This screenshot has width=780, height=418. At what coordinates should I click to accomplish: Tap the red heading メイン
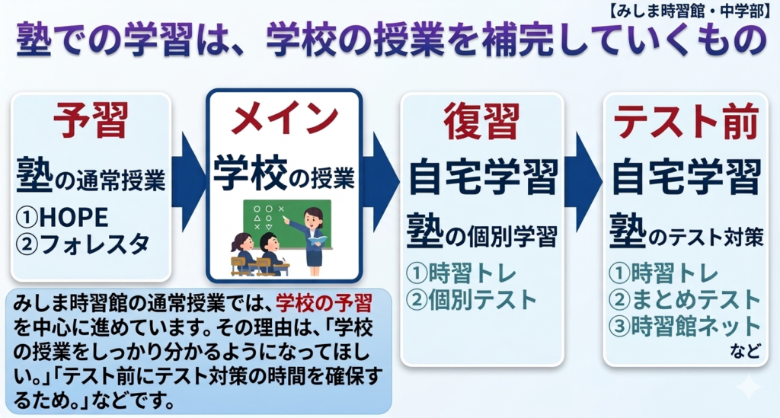pos(284,120)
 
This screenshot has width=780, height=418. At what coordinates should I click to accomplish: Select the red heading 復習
pos(482,121)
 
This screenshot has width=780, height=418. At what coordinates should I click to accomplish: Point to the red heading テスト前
pos(686,121)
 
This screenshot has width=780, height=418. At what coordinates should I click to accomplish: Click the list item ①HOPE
pos(62,217)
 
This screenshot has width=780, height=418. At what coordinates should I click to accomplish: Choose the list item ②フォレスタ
pos(82,244)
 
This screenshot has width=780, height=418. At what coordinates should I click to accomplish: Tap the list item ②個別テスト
pos(471,300)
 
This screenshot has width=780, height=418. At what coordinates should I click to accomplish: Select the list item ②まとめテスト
pos(685,300)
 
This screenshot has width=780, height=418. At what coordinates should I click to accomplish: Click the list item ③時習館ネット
pos(685,327)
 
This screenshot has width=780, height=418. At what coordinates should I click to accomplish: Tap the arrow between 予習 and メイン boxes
pos(189,182)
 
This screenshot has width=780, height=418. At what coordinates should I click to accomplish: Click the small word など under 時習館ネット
pos(745,351)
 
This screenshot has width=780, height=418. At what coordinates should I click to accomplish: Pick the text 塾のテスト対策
pos(686,233)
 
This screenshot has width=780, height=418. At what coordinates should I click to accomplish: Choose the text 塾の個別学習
pos(481,233)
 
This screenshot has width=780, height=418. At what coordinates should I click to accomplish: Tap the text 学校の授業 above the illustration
pos(284,174)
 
